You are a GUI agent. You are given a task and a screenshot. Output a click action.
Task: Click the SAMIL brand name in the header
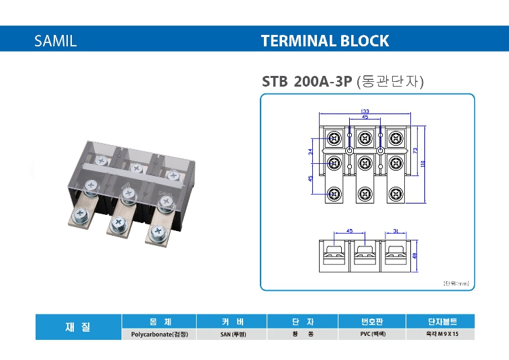coord(56,40)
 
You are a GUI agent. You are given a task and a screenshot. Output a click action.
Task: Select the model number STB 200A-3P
coord(307,82)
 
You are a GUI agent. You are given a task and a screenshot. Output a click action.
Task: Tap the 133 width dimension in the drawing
coord(365,111)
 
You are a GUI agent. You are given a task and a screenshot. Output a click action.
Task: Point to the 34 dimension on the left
coord(311,152)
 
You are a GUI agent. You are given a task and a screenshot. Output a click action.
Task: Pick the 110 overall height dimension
coord(424,164)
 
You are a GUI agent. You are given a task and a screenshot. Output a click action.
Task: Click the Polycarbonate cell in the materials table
coord(159,334)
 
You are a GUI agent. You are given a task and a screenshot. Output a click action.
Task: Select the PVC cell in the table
coord(371,334)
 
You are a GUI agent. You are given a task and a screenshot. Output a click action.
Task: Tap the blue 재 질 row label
coord(79,327)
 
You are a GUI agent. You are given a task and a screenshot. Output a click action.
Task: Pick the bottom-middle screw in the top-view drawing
coord(365,194)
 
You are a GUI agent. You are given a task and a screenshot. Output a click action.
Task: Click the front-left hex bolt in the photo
coord(81,216)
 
